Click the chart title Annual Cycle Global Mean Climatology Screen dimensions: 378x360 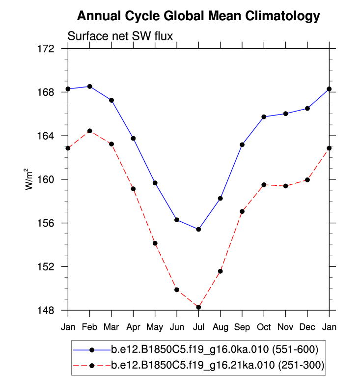198,16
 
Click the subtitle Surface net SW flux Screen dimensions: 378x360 120,36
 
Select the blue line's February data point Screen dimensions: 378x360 89,87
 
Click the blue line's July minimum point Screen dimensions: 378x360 198,229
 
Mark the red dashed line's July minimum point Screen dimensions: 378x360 198,307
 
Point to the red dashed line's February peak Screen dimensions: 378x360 89,131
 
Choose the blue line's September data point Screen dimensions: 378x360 242,145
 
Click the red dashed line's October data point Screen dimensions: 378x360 264,185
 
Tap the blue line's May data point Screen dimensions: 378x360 155,183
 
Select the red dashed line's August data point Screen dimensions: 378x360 221,271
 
